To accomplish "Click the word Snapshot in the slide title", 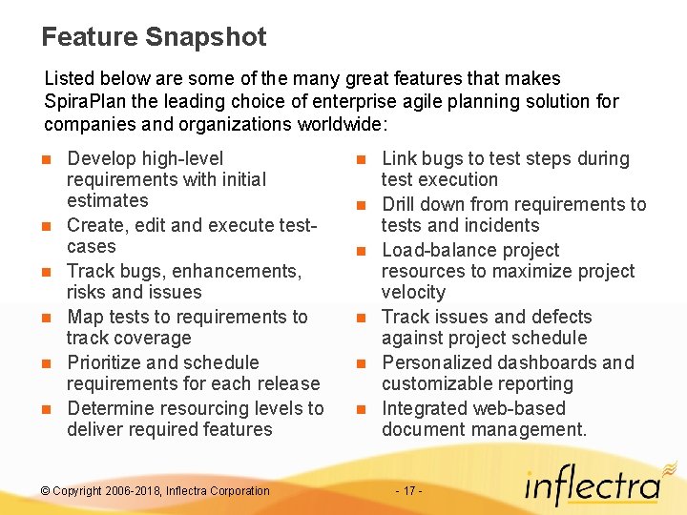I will pyautogui.click(x=206, y=38).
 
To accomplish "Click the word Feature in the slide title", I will pyautogui.click(x=90, y=38).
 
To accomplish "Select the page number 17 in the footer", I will pyautogui.click(x=408, y=491).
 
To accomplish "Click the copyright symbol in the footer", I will pyautogui.click(x=45, y=491).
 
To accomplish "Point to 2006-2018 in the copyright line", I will pyautogui.click(x=133, y=491).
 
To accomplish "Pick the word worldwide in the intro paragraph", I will pyautogui.click(x=326, y=124).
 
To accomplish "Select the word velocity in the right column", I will pyautogui.click(x=413, y=292).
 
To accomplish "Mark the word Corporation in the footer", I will pyautogui.click(x=236, y=491).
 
